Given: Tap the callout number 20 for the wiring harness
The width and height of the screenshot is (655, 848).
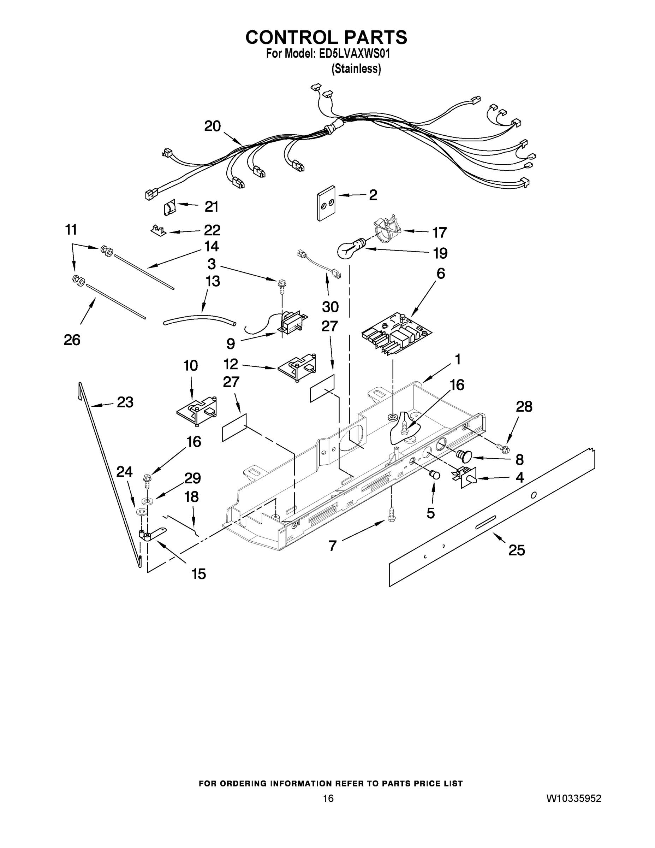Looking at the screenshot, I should [213, 126].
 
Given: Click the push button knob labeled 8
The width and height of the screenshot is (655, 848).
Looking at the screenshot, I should [464, 455].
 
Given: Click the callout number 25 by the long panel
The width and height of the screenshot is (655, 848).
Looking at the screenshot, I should [517, 550].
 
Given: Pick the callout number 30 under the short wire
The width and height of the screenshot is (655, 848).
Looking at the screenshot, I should [330, 307].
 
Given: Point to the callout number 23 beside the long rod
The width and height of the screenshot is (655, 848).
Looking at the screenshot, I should [125, 402].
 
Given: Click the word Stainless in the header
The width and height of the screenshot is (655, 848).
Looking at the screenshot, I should [356, 69].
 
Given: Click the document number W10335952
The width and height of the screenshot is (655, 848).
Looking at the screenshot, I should [574, 798].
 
